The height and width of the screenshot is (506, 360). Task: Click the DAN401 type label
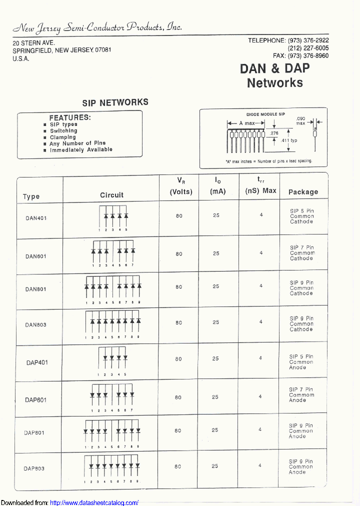(x=36, y=218)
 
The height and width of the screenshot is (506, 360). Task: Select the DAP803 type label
(x=34, y=468)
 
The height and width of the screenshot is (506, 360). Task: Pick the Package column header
(x=303, y=192)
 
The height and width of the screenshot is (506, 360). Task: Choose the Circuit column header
(x=111, y=195)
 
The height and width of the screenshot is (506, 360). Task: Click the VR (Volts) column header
(x=180, y=186)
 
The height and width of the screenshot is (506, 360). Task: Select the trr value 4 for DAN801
(x=261, y=286)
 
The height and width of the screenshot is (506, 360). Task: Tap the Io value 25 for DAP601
(x=215, y=397)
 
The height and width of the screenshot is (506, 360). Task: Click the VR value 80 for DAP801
(x=178, y=430)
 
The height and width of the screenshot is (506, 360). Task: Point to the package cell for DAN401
(x=301, y=216)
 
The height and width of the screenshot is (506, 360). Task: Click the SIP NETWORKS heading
(x=115, y=102)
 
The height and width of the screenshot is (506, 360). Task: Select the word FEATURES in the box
(x=70, y=117)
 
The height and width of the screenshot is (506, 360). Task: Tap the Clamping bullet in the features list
(x=63, y=137)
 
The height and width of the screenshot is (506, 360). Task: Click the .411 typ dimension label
(x=289, y=140)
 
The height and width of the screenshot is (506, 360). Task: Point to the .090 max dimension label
(x=300, y=120)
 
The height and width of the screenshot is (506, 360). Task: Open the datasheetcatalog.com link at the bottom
(x=94, y=502)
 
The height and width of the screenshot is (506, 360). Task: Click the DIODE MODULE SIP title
(x=265, y=114)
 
